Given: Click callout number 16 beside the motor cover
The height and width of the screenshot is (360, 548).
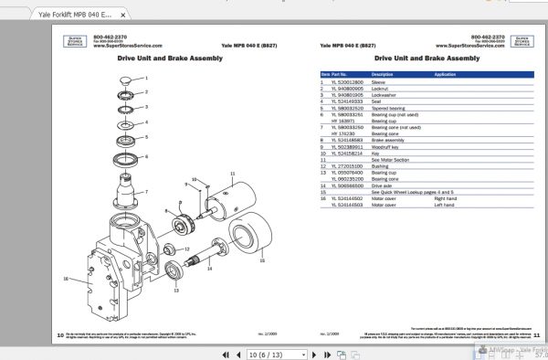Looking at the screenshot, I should click(x=65, y=278).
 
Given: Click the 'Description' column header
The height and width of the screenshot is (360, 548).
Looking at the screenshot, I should click(x=383, y=74).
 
